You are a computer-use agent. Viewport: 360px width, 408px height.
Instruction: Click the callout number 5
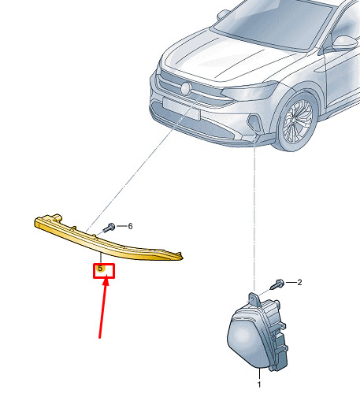pyautogui.click(x=100, y=269)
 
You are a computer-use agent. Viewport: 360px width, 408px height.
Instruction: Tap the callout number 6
pyautogui.click(x=130, y=226)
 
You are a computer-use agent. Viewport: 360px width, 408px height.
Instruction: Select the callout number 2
pyautogui.click(x=299, y=282)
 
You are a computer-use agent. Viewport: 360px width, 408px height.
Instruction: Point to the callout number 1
pyautogui.click(x=259, y=384)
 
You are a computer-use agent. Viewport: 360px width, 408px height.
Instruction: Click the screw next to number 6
pyautogui.click(x=109, y=228)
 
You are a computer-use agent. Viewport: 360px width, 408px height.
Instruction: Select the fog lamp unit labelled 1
pyautogui.click(x=258, y=333)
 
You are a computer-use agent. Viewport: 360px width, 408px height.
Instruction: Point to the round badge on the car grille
pyautogui.click(x=186, y=89)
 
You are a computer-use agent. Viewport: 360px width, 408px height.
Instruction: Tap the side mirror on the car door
pyautogui.click(x=344, y=43)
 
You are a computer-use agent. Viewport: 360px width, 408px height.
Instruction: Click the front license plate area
pyautogui.click(x=181, y=109)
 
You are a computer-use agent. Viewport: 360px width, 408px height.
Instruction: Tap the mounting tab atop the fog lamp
pyautogui.click(x=254, y=300)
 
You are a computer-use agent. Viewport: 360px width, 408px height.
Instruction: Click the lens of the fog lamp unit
pyautogui.click(x=247, y=340)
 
